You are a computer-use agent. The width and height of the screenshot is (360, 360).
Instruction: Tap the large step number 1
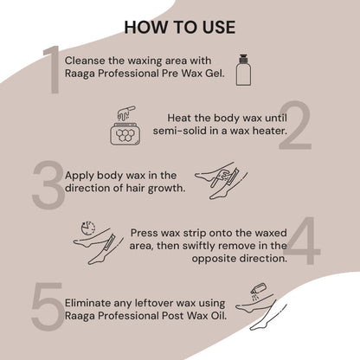click(x=51, y=68)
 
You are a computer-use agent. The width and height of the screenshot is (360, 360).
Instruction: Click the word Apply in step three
click(x=83, y=175)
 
